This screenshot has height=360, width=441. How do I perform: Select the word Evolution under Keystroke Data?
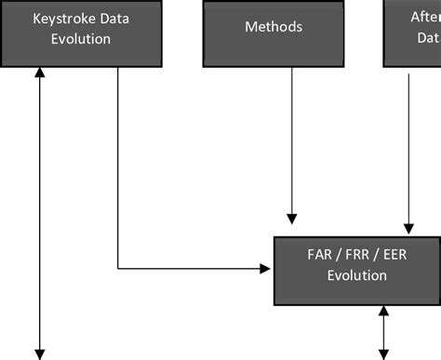coord(82,39)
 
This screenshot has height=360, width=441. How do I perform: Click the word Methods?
coord(274,27)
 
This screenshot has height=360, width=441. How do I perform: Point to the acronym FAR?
coord(320,254)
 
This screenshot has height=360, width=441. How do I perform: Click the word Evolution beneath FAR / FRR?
coord(356,275)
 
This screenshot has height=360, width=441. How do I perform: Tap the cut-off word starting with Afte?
coord(426,17)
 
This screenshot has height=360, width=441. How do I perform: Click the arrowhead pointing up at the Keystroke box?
coord(40,73)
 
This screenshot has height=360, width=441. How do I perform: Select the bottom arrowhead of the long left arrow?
coord(40,353)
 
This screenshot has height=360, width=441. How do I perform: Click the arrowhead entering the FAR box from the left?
coord(265,270)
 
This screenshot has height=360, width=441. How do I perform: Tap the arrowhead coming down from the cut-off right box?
coord(408,228)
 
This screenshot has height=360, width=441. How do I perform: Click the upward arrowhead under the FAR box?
coord(383,312)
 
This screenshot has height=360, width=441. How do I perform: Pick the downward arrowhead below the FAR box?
coord(383,353)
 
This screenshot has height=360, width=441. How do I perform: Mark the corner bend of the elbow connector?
coord(118,270)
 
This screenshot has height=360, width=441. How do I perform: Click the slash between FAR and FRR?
coord(340,254)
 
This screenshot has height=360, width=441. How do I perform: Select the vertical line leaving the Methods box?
coord(292,140)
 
